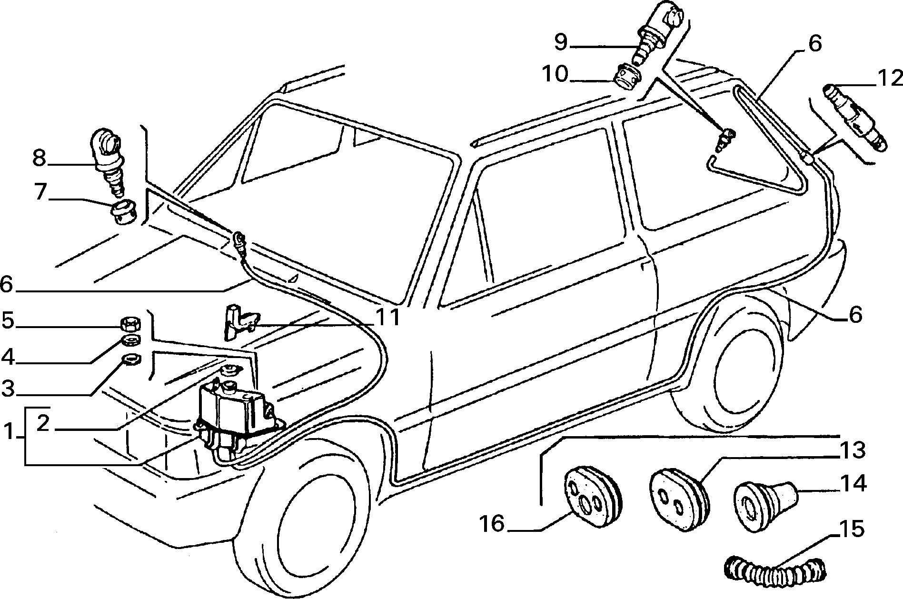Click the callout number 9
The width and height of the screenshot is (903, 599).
[561, 42]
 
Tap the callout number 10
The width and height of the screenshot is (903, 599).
[555, 75]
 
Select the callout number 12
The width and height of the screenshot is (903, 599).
[890, 78]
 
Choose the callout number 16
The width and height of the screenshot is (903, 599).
[492, 524]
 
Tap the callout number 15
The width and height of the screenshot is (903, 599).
[851, 529]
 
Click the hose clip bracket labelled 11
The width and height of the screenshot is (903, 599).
[241, 321]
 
